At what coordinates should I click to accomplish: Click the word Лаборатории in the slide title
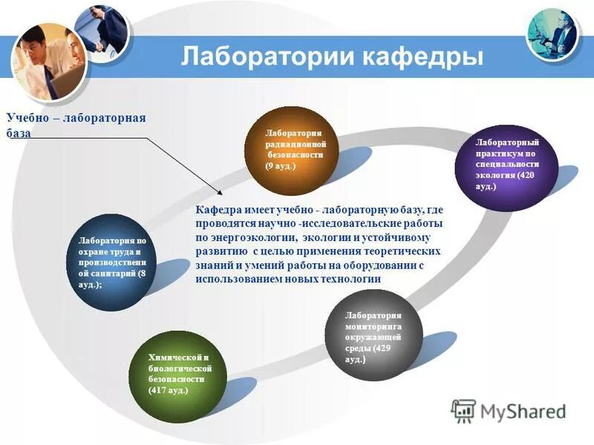click(264, 57)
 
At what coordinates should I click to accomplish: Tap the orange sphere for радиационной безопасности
click(292, 148)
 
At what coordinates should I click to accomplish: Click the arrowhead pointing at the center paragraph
click(210, 194)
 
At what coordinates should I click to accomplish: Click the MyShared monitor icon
click(463, 410)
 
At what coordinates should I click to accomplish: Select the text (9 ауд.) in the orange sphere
click(280, 167)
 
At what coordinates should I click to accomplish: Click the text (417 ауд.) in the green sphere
click(169, 389)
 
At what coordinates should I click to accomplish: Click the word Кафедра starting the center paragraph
click(217, 211)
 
